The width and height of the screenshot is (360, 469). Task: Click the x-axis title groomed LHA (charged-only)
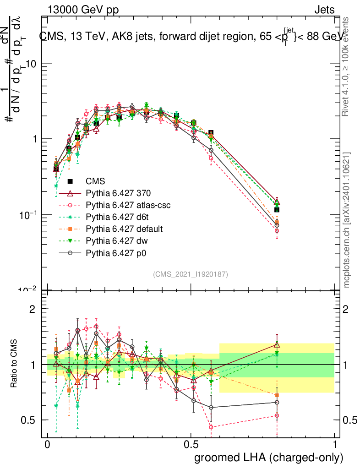(269, 458)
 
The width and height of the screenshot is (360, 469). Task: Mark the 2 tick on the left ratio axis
(33, 309)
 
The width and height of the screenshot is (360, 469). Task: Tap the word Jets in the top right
(324, 10)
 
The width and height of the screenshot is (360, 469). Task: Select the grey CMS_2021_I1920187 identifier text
(191, 274)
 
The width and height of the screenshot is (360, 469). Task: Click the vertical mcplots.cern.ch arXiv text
(347, 219)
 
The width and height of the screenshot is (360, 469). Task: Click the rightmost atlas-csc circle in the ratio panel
(277, 416)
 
